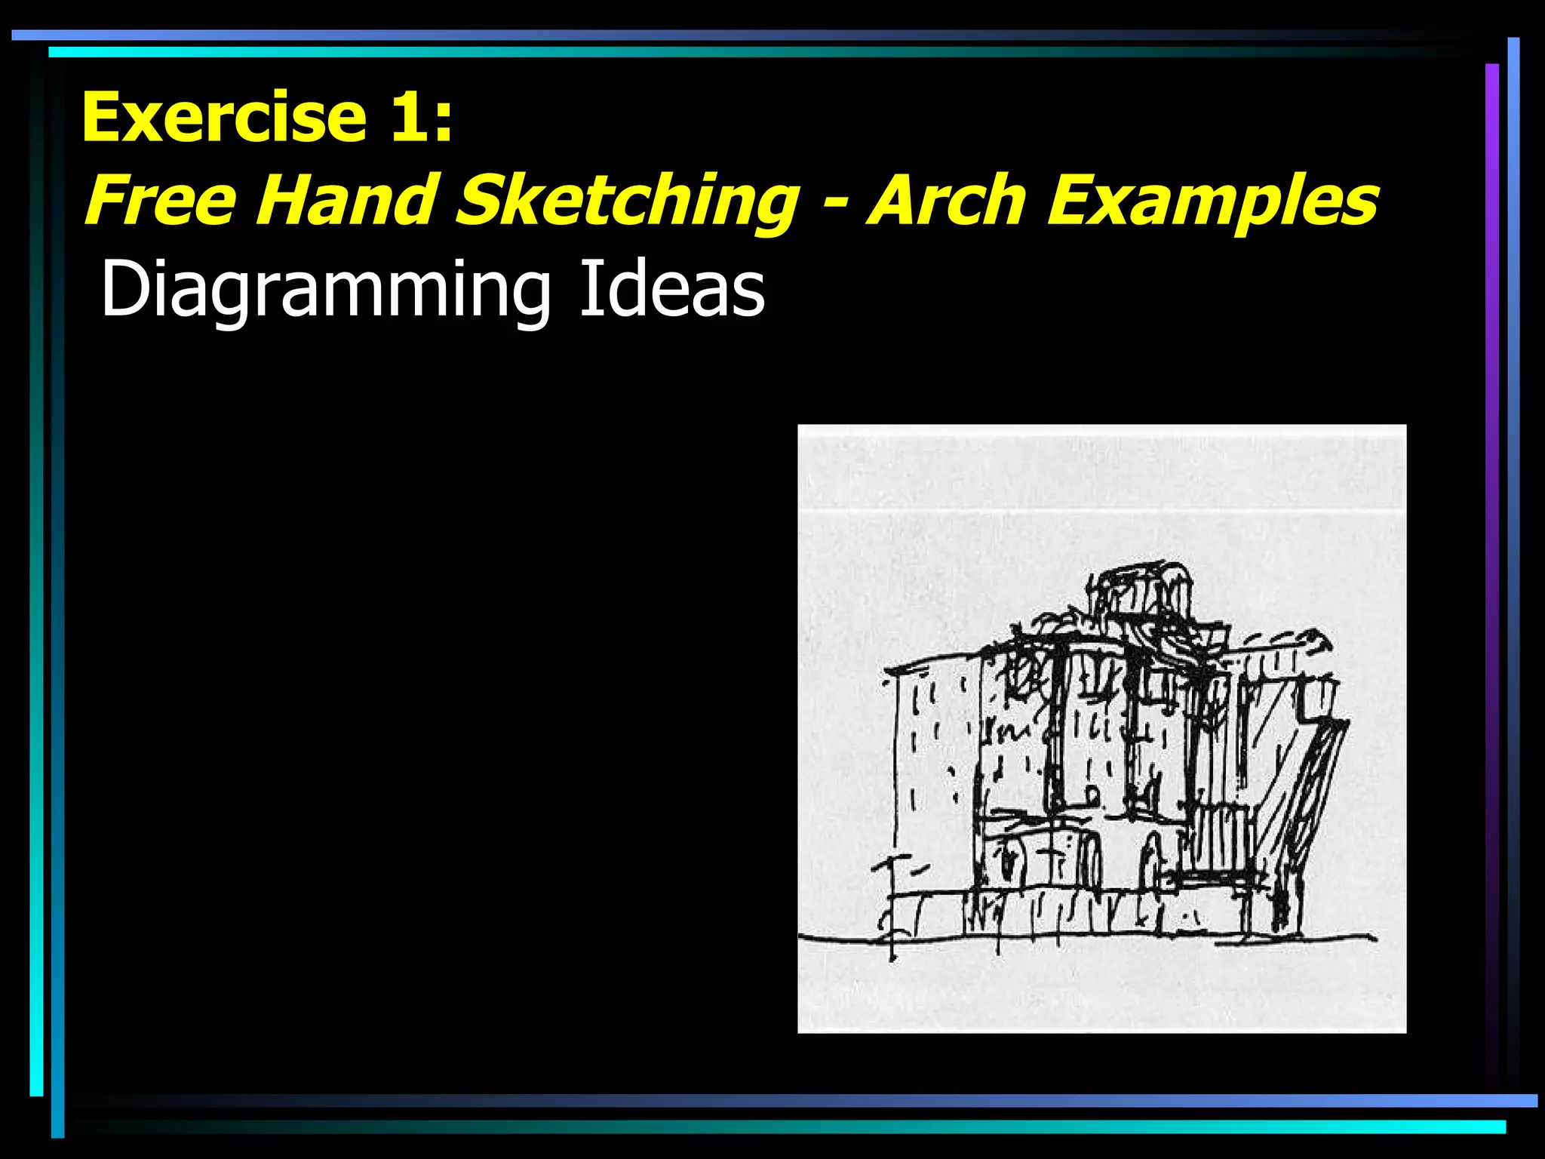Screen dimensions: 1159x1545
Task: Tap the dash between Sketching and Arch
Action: (833, 204)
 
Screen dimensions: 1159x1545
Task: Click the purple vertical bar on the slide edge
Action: (1491, 528)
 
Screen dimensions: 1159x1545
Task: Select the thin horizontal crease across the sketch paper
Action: (1101, 512)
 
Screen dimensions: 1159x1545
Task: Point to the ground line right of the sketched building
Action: (1350, 938)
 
